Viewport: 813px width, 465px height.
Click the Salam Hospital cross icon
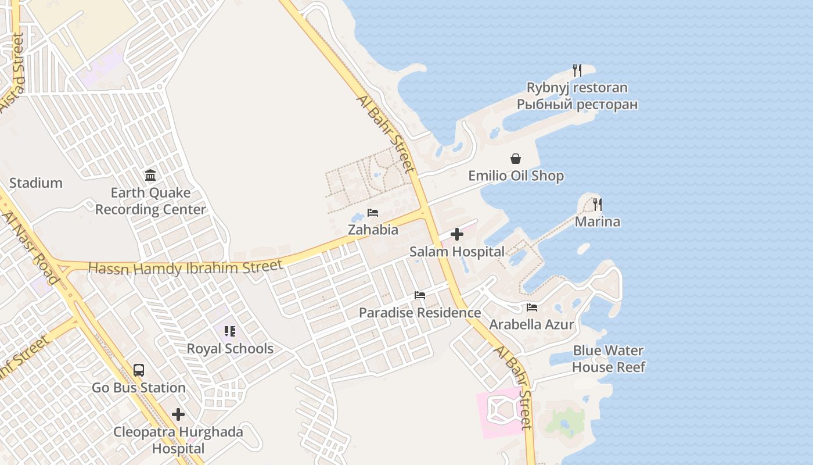coord(457,234)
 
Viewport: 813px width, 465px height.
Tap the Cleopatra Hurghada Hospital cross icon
coord(178,414)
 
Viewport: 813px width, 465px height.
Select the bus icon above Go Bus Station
coord(139,370)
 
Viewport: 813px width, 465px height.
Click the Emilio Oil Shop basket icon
coord(516,159)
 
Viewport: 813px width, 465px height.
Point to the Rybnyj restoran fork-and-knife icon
coord(577,70)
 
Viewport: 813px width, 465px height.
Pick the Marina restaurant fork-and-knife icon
coord(598,205)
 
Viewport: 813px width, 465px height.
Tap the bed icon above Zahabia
coord(373,213)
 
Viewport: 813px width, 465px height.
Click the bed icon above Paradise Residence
coord(420,295)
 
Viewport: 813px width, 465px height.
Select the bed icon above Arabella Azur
coord(532,307)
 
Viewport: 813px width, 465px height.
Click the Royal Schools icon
coord(230,331)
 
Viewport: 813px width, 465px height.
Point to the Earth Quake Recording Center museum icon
coord(150,175)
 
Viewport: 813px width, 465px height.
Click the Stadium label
coord(36,183)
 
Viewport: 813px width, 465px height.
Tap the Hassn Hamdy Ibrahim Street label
coord(185,267)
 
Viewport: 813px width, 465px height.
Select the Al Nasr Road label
coord(30,248)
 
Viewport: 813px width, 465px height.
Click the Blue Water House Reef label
coord(608,359)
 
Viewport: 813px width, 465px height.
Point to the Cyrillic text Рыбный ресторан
coord(577,105)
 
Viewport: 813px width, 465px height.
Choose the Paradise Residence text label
coord(420,313)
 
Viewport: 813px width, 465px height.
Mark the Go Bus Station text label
coord(139,388)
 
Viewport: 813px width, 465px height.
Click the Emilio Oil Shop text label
coord(516,176)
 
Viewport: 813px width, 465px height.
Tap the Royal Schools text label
coord(230,349)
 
